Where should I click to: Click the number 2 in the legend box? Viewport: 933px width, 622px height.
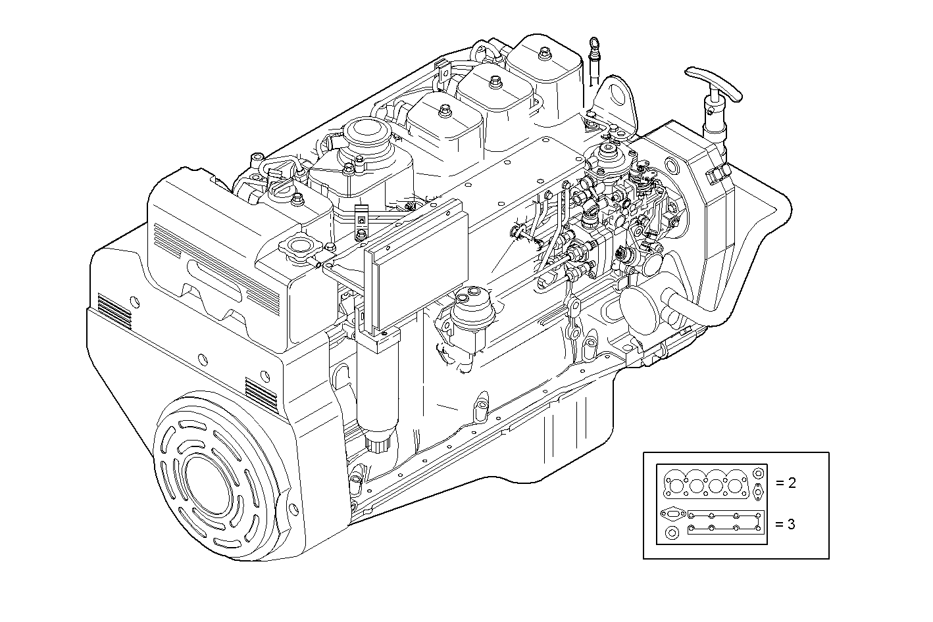point(792,483)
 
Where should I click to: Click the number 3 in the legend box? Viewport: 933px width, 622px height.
point(792,525)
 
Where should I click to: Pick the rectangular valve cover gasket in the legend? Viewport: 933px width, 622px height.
point(724,523)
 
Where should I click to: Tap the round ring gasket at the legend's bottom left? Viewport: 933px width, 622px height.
point(672,533)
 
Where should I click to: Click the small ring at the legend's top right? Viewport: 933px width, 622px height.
point(759,473)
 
